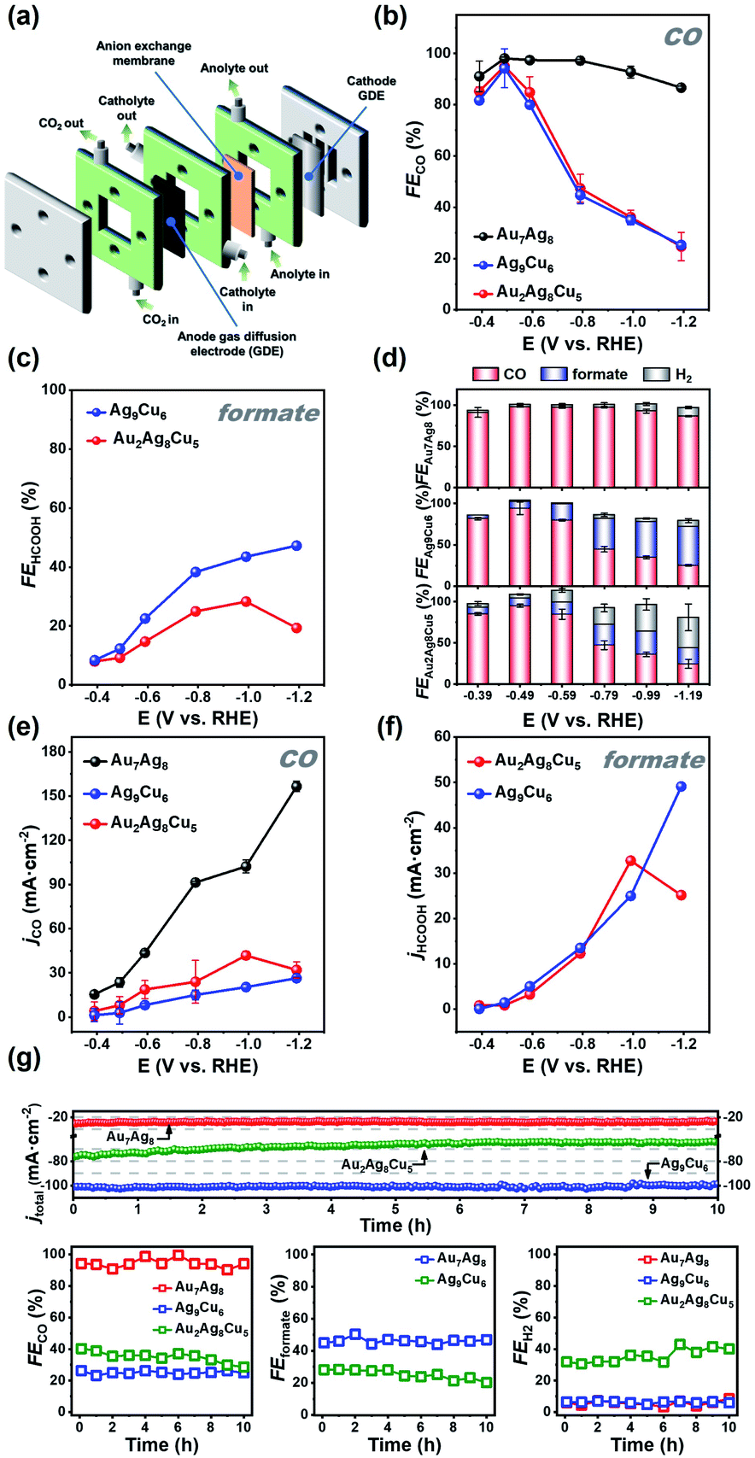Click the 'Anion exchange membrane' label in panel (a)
pos(143,53)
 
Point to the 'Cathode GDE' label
pos(371,89)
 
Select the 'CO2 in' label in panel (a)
pos(160,319)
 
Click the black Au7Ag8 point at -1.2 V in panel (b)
pos(681,87)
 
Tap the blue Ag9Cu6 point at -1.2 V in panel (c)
pos(297,546)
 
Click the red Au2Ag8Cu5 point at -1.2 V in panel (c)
pos(297,628)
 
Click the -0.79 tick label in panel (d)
pos(604,695)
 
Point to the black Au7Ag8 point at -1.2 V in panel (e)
pos(297,787)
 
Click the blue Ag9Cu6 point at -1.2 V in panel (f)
pos(682,787)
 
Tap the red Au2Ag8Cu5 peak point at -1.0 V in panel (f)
pos(630,860)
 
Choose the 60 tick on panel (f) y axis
pos(442,736)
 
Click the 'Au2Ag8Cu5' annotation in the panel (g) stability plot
pos(377,1165)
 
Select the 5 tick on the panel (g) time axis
pos(395,1208)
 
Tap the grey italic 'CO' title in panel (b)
pos(682,37)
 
